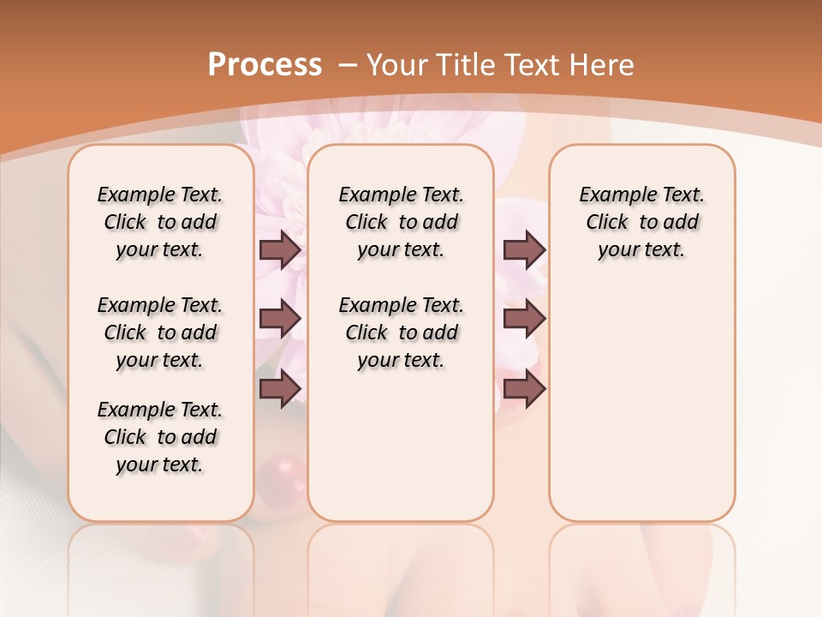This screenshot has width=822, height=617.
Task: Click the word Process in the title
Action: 265,64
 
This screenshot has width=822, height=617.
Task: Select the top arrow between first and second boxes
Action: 280,249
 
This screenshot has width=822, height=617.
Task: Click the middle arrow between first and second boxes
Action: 280,319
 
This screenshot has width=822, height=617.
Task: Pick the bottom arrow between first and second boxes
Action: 280,388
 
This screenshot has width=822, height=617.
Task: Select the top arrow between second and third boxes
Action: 524,249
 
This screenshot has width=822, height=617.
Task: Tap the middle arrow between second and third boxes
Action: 524,319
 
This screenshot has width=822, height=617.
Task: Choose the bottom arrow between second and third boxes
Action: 524,388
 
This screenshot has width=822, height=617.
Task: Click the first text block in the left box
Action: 160,222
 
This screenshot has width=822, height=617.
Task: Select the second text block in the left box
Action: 160,332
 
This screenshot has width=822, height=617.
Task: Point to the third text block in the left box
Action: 160,437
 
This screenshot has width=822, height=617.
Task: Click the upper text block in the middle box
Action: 401,222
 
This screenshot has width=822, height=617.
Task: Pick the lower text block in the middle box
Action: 401,332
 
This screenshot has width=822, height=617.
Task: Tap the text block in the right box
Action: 641,222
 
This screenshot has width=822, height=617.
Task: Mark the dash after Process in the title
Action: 348,64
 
